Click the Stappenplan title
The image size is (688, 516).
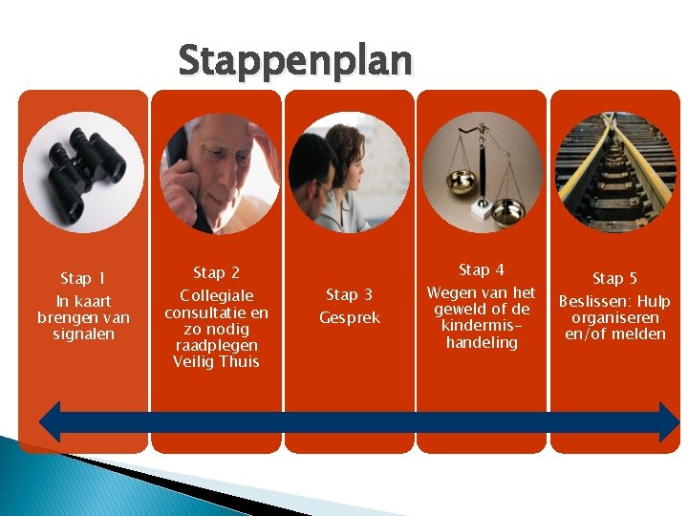pos(295,60)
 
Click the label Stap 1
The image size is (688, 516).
pos(83,279)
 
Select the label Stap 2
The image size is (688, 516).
pos(216,273)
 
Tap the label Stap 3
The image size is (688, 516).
pos(349,295)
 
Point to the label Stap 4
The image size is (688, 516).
pos(482,270)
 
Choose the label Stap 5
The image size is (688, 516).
pos(614,279)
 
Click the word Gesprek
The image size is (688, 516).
pos(349,317)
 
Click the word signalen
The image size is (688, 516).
pos(83,334)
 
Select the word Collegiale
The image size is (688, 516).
pos(216,296)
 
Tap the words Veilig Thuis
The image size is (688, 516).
pos(216,361)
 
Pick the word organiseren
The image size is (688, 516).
pos(614,318)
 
